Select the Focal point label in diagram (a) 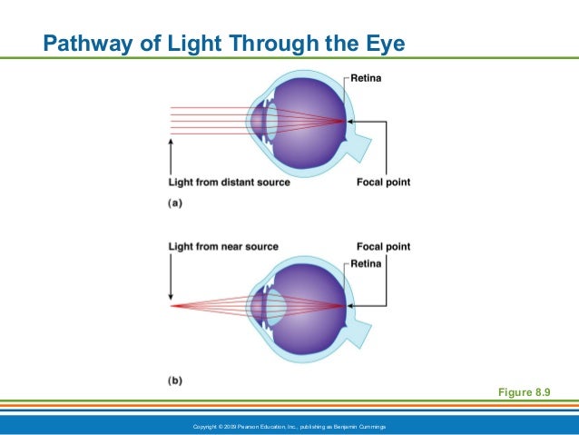383,182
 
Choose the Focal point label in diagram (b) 383,246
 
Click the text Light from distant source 230,182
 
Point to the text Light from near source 223,246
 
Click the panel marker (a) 175,203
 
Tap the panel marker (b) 175,380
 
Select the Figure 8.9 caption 525,391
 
